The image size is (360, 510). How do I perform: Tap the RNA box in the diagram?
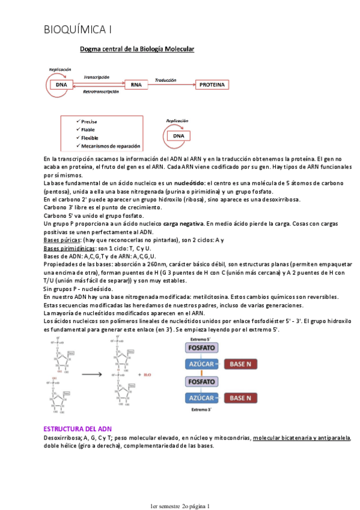pyautogui.click(x=136, y=85)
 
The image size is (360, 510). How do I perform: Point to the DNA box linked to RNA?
pyautogui.click(x=61, y=85)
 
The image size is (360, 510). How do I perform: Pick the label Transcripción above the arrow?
pyautogui.click(x=96, y=78)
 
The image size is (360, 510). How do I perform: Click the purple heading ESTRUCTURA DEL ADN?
pyautogui.click(x=78, y=429)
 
